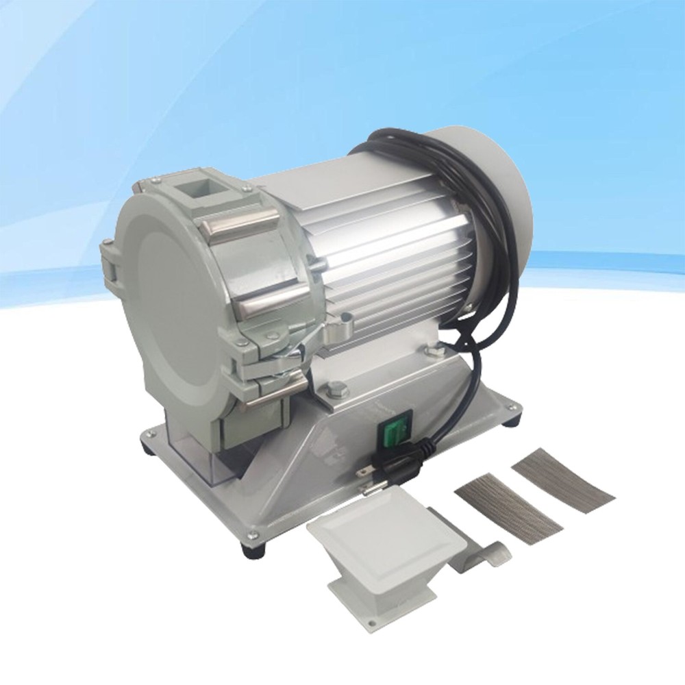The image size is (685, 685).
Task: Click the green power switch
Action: click(x=393, y=434)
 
